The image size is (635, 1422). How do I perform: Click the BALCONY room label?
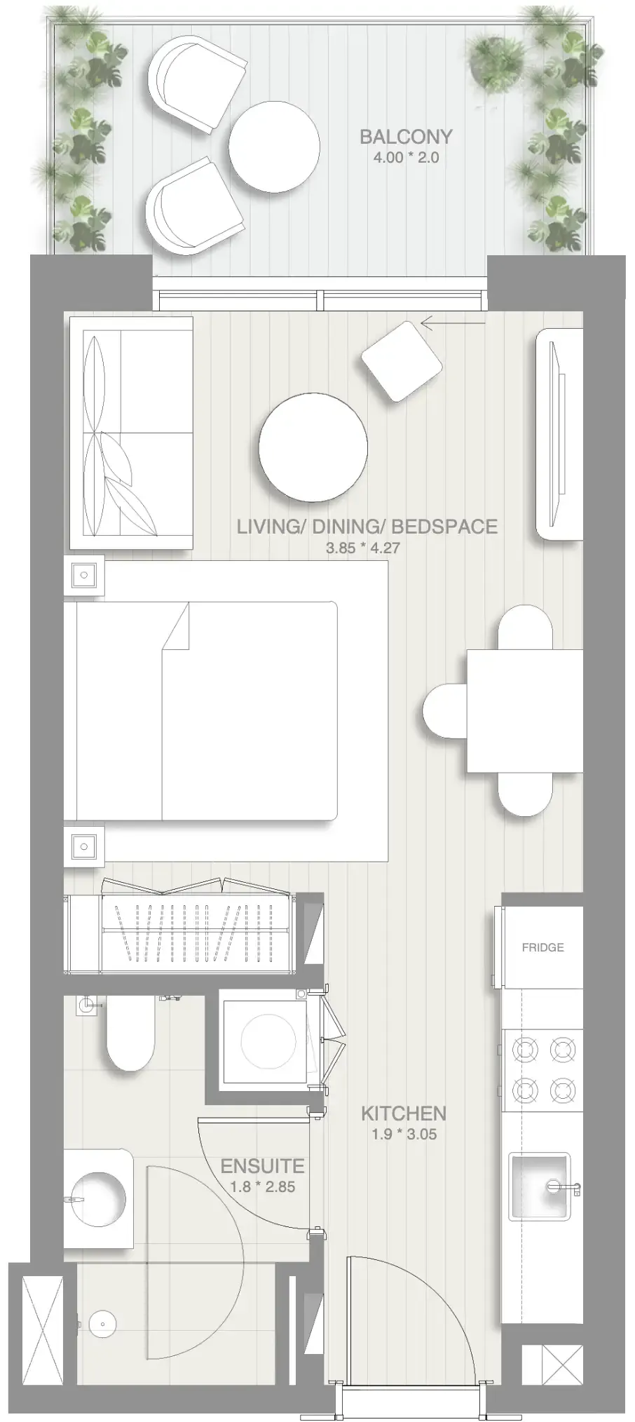click(x=405, y=137)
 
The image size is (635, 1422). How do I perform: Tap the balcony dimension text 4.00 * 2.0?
click(x=406, y=158)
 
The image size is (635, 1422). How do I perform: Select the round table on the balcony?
click(x=274, y=147)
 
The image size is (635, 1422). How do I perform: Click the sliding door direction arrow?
click(x=452, y=323)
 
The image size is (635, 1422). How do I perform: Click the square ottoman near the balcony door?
click(x=402, y=361)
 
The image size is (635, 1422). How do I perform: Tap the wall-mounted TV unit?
click(x=559, y=435)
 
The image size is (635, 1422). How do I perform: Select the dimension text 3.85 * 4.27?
click(x=362, y=548)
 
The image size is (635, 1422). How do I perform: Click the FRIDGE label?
click(x=542, y=947)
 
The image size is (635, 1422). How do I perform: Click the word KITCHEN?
click(x=403, y=1113)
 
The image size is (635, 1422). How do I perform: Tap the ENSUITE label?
click(x=262, y=1166)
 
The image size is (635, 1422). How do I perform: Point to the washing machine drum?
click(x=268, y=1041)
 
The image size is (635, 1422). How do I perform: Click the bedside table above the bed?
click(x=84, y=576)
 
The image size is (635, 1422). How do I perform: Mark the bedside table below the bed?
click(x=84, y=846)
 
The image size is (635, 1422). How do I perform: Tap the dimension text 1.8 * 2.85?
click(x=262, y=1187)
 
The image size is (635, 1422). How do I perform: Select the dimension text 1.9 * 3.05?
click(x=404, y=1135)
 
